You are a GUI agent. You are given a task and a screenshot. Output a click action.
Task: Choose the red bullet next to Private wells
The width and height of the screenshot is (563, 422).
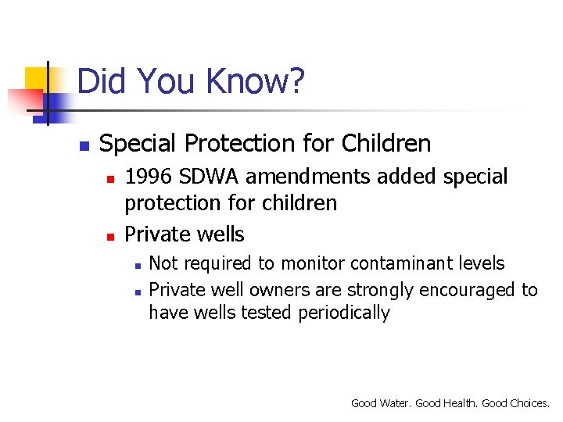coord(111,236)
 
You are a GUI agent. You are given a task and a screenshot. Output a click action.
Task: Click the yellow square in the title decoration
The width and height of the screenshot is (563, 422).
coord(37,79)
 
